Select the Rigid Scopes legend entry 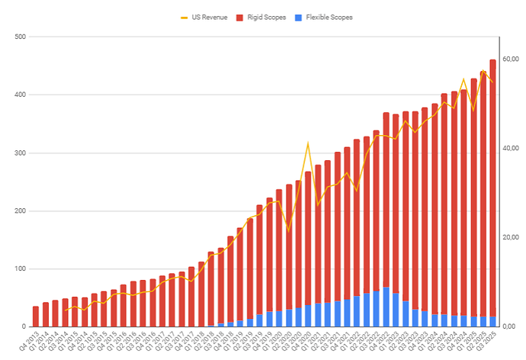[267, 17]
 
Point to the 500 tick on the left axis [19, 37]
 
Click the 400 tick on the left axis [19, 95]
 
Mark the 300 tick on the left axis [19, 153]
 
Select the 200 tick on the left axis [19, 211]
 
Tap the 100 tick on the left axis [19, 269]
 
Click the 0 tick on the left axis [22, 327]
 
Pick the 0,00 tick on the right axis [508, 327]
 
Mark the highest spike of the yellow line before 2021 [307, 143]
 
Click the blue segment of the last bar [492, 322]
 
